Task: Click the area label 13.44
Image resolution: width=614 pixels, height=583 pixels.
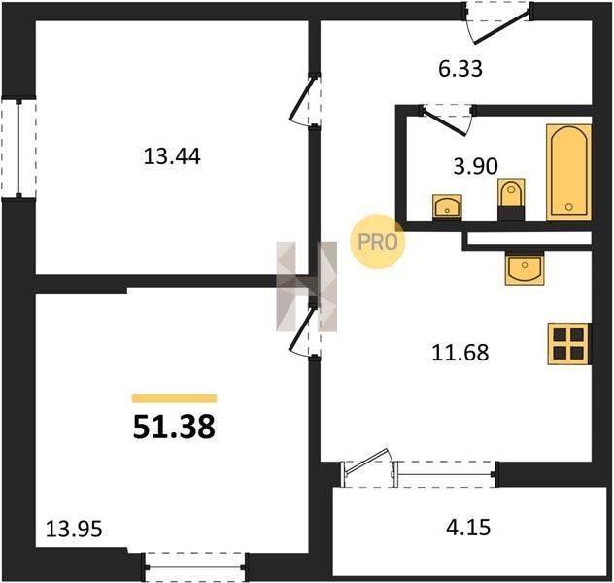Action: coord(172,156)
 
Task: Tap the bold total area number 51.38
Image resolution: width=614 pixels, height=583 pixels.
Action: coord(174,427)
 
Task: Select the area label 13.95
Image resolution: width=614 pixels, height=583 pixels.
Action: coord(74,529)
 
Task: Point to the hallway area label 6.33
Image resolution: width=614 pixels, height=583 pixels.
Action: coord(460,69)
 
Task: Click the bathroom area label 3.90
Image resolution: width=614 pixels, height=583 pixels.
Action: coord(475,166)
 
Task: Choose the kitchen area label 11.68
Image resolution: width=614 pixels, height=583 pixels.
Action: coord(460,353)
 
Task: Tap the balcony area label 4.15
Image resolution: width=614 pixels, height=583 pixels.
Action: coord(468,527)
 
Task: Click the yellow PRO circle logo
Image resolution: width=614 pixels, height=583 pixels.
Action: coord(378,242)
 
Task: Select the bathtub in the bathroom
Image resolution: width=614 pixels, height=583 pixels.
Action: coord(568,172)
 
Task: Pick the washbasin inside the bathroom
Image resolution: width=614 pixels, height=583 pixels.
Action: coord(447,207)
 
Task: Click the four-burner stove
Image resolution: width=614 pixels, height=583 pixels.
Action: coord(568,343)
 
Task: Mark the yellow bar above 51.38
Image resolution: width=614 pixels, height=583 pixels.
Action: coord(174,398)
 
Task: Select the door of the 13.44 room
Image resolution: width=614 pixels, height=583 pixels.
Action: coord(305,100)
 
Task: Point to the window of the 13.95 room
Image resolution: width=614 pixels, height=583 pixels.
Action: coord(194,566)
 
